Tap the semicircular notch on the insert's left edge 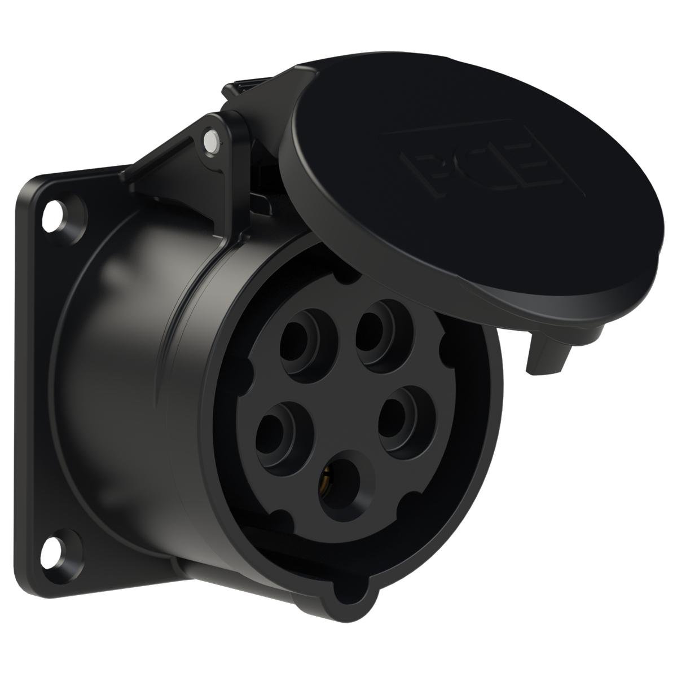244,372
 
